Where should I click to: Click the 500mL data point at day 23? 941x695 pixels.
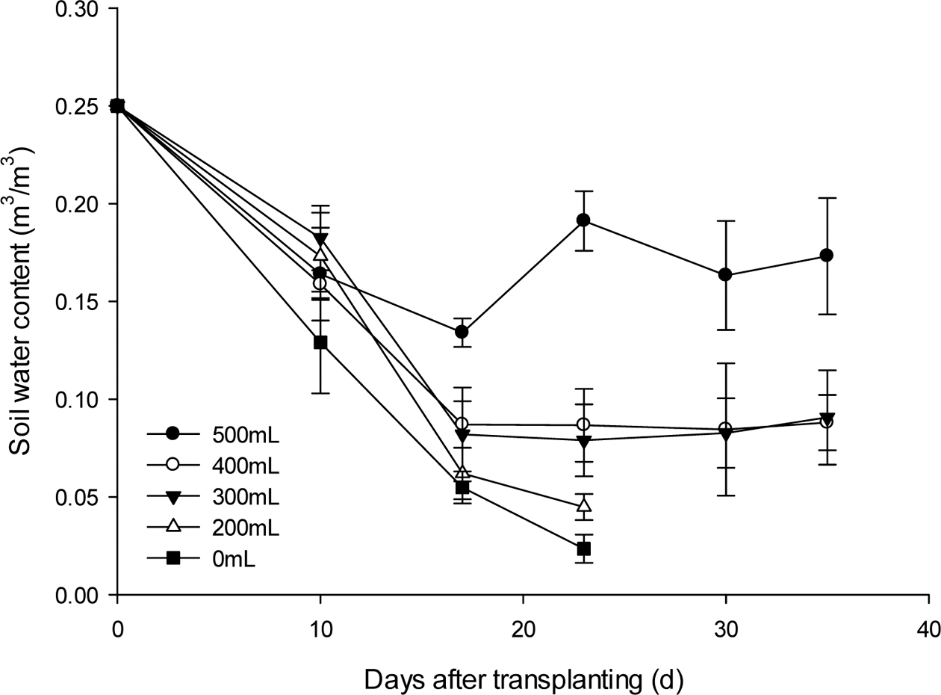(x=583, y=220)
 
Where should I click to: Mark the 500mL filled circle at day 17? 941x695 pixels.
(x=462, y=332)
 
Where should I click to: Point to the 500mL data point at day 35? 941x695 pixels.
(x=826, y=255)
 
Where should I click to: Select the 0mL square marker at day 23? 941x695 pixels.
(x=583, y=549)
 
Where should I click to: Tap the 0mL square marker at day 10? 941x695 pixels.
(x=320, y=342)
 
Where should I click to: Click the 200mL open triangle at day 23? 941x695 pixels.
(x=583, y=506)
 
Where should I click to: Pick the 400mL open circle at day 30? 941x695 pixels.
(x=725, y=429)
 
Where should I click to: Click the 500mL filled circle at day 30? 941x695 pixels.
(x=725, y=275)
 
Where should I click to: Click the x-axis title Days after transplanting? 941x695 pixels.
(x=524, y=661)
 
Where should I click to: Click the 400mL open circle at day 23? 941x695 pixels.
(x=583, y=424)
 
